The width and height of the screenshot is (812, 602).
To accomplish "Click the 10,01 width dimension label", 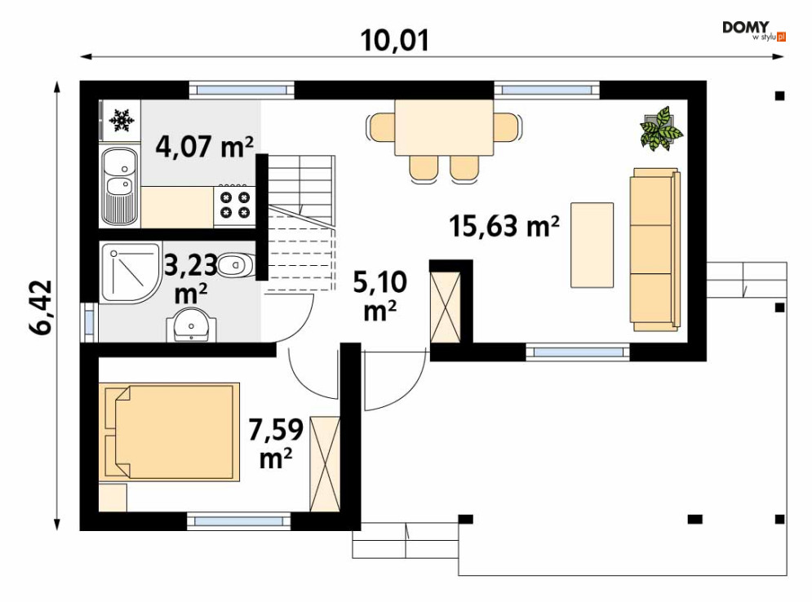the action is (395, 40).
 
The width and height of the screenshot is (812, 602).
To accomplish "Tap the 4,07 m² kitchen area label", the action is (205, 147).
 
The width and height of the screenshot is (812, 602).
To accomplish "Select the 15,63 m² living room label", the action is (504, 226).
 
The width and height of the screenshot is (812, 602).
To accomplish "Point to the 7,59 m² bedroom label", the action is (276, 443).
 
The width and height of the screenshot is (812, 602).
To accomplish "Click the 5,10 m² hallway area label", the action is (380, 296).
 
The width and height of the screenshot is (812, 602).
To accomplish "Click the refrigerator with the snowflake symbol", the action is (120, 121).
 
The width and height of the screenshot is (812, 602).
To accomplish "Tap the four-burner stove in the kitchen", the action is (234, 206).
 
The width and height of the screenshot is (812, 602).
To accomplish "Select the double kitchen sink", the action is (120, 186).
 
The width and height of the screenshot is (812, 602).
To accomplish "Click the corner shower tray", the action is (131, 272).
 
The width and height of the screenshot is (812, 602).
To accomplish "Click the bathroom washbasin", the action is (192, 325).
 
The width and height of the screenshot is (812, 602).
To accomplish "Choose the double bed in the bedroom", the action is (170, 432).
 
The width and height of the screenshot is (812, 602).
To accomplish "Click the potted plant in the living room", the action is (661, 129).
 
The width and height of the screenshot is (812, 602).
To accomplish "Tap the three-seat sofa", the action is (654, 250).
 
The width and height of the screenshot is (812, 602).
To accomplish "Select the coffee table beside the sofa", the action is (592, 245).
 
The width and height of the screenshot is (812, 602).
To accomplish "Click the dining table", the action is (444, 127).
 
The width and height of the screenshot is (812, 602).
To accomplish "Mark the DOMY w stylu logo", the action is (754, 30).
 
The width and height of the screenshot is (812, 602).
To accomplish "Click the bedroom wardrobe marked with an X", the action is (325, 464).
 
